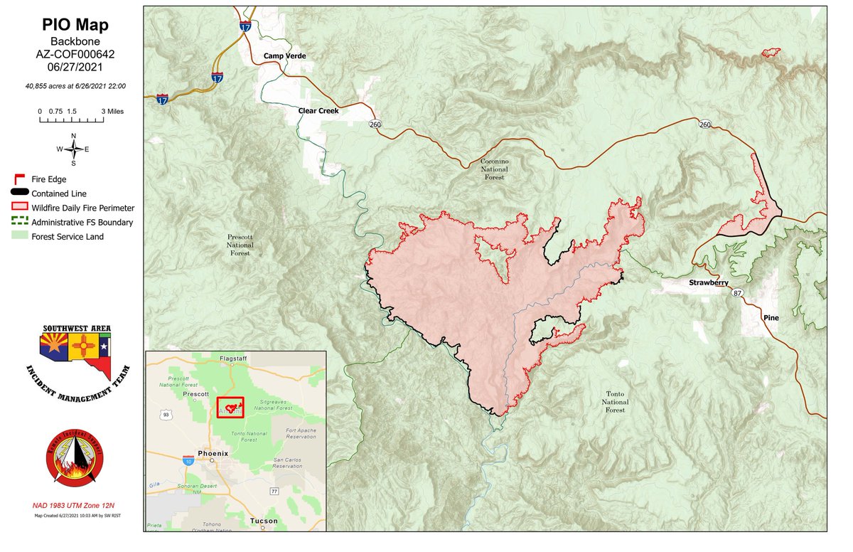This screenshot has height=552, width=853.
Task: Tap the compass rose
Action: pyautogui.click(x=73, y=149)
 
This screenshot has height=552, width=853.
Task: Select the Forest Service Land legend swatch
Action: pyautogui.click(x=19, y=236)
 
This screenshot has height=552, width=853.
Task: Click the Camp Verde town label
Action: pyautogui.click(x=284, y=55)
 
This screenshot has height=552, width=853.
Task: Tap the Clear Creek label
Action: pyautogui.click(x=317, y=111)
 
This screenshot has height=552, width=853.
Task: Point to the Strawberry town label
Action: pyautogui.click(x=708, y=282)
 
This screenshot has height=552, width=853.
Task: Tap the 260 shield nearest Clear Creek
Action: pyautogui.click(x=375, y=124)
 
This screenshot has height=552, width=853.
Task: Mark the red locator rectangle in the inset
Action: pyautogui.click(x=230, y=408)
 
